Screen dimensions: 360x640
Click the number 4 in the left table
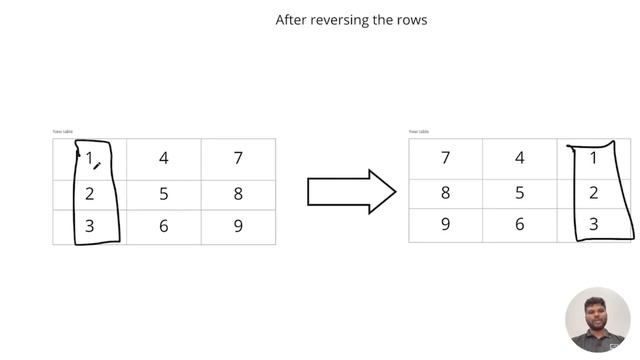coord(164,158)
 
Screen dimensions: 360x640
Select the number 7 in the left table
coord(238,158)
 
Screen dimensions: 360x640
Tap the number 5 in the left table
coord(164,193)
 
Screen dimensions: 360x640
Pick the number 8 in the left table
coord(238,193)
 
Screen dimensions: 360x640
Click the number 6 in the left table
coord(164,226)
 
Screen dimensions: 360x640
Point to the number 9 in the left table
coord(238,226)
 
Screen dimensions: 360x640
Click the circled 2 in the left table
coord(90,193)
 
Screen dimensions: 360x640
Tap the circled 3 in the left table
coord(90,226)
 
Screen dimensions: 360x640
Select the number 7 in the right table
coord(445,158)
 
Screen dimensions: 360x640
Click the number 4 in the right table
coord(520,158)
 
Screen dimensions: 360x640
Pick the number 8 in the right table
coord(445,193)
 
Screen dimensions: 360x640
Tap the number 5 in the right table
coord(520,193)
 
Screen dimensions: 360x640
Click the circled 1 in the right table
coord(594,158)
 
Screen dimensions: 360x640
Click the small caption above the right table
coord(419,131)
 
